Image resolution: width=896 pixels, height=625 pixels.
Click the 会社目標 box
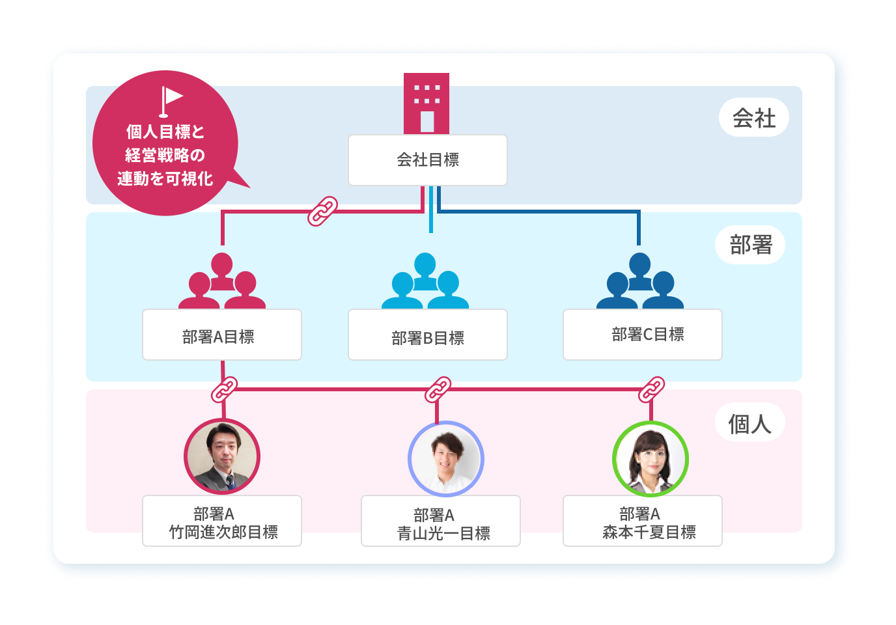coord(427,160)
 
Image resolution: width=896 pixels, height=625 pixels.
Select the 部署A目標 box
coord(221,335)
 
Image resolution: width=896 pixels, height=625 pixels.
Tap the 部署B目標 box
coord(427,335)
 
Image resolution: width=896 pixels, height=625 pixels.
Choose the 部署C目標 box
coord(642,335)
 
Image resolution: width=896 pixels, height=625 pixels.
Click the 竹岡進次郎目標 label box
coord(221,521)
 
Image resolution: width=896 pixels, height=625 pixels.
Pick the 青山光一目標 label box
coord(440,521)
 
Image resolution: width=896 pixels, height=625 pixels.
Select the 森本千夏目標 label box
coord(642,521)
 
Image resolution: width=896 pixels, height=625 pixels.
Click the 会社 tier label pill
coord(753,118)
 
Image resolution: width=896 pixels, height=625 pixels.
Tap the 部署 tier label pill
coord(750,245)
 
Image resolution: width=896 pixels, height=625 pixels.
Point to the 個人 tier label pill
coord(749,423)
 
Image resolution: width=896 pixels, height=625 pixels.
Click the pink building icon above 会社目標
coord(427,104)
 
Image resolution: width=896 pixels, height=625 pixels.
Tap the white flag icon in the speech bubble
coord(171,102)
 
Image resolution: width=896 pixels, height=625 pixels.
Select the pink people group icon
coord(221,281)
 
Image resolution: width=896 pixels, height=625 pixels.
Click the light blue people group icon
coord(425,281)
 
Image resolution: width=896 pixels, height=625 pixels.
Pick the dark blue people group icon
coord(639,281)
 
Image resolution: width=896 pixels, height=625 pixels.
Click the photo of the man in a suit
coord(222,456)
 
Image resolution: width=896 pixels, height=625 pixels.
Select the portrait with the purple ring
coord(445,459)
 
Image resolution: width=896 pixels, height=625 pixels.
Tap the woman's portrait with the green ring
coord(650,459)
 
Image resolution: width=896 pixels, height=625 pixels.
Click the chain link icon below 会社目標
coord(322,211)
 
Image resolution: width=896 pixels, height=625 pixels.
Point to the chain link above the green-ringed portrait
coord(651,389)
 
